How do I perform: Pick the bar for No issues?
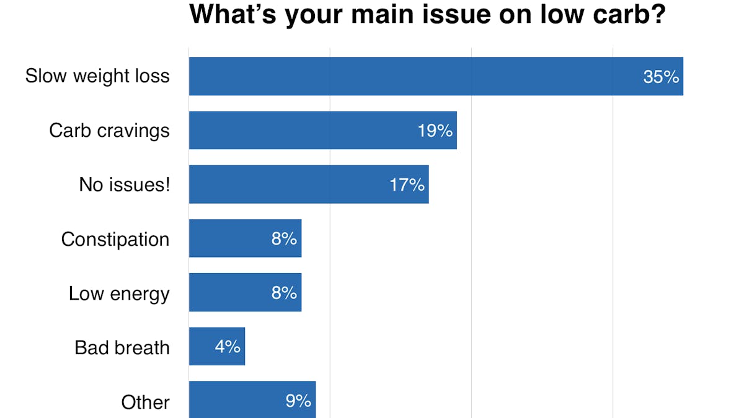[x=291, y=184]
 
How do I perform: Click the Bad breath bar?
[x=205, y=346]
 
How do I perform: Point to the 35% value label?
[x=661, y=77]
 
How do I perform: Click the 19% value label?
[x=435, y=131]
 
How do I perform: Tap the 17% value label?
[x=407, y=185]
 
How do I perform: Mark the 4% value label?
[x=228, y=347]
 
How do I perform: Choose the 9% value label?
[x=298, y=401]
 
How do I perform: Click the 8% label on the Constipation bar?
[x=284, y=238]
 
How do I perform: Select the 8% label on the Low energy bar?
[x=284, y=292]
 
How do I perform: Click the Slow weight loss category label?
[x=97, y=76]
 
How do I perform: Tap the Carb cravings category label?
[x=109, y=131]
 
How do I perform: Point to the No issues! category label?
[x=124, y=185]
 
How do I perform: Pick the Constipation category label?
[x=115, y=239]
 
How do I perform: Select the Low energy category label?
[x=119, y=294]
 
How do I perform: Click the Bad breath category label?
[x=122, y=347]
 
